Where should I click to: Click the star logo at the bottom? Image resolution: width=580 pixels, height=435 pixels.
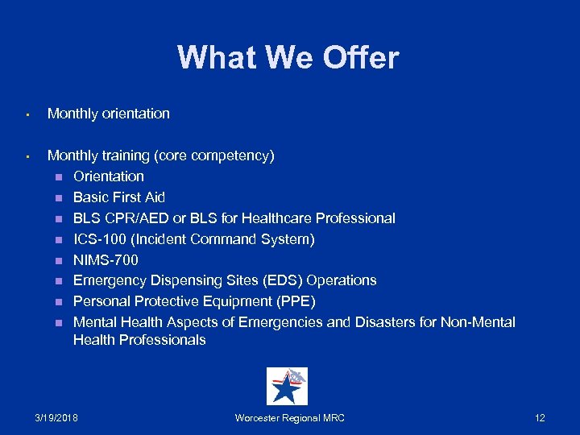[287, 387]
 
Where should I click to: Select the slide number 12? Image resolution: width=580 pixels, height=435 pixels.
[540, 418]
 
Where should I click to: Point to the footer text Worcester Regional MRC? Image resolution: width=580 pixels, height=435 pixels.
[289, 418]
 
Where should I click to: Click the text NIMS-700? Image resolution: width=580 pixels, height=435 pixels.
[106, 260]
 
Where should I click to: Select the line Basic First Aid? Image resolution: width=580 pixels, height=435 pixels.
[119, 197]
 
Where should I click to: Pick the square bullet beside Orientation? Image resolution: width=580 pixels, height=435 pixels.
[58, 177]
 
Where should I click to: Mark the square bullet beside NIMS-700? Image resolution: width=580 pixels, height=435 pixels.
[58, 261]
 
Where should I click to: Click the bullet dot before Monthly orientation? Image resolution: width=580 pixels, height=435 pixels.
[27, 115]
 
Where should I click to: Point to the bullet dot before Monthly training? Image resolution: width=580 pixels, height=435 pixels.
[27, 156]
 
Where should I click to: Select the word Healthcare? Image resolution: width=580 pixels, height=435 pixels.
[275, 218]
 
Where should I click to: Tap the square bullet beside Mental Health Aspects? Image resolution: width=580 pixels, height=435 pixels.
[58, 323]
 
